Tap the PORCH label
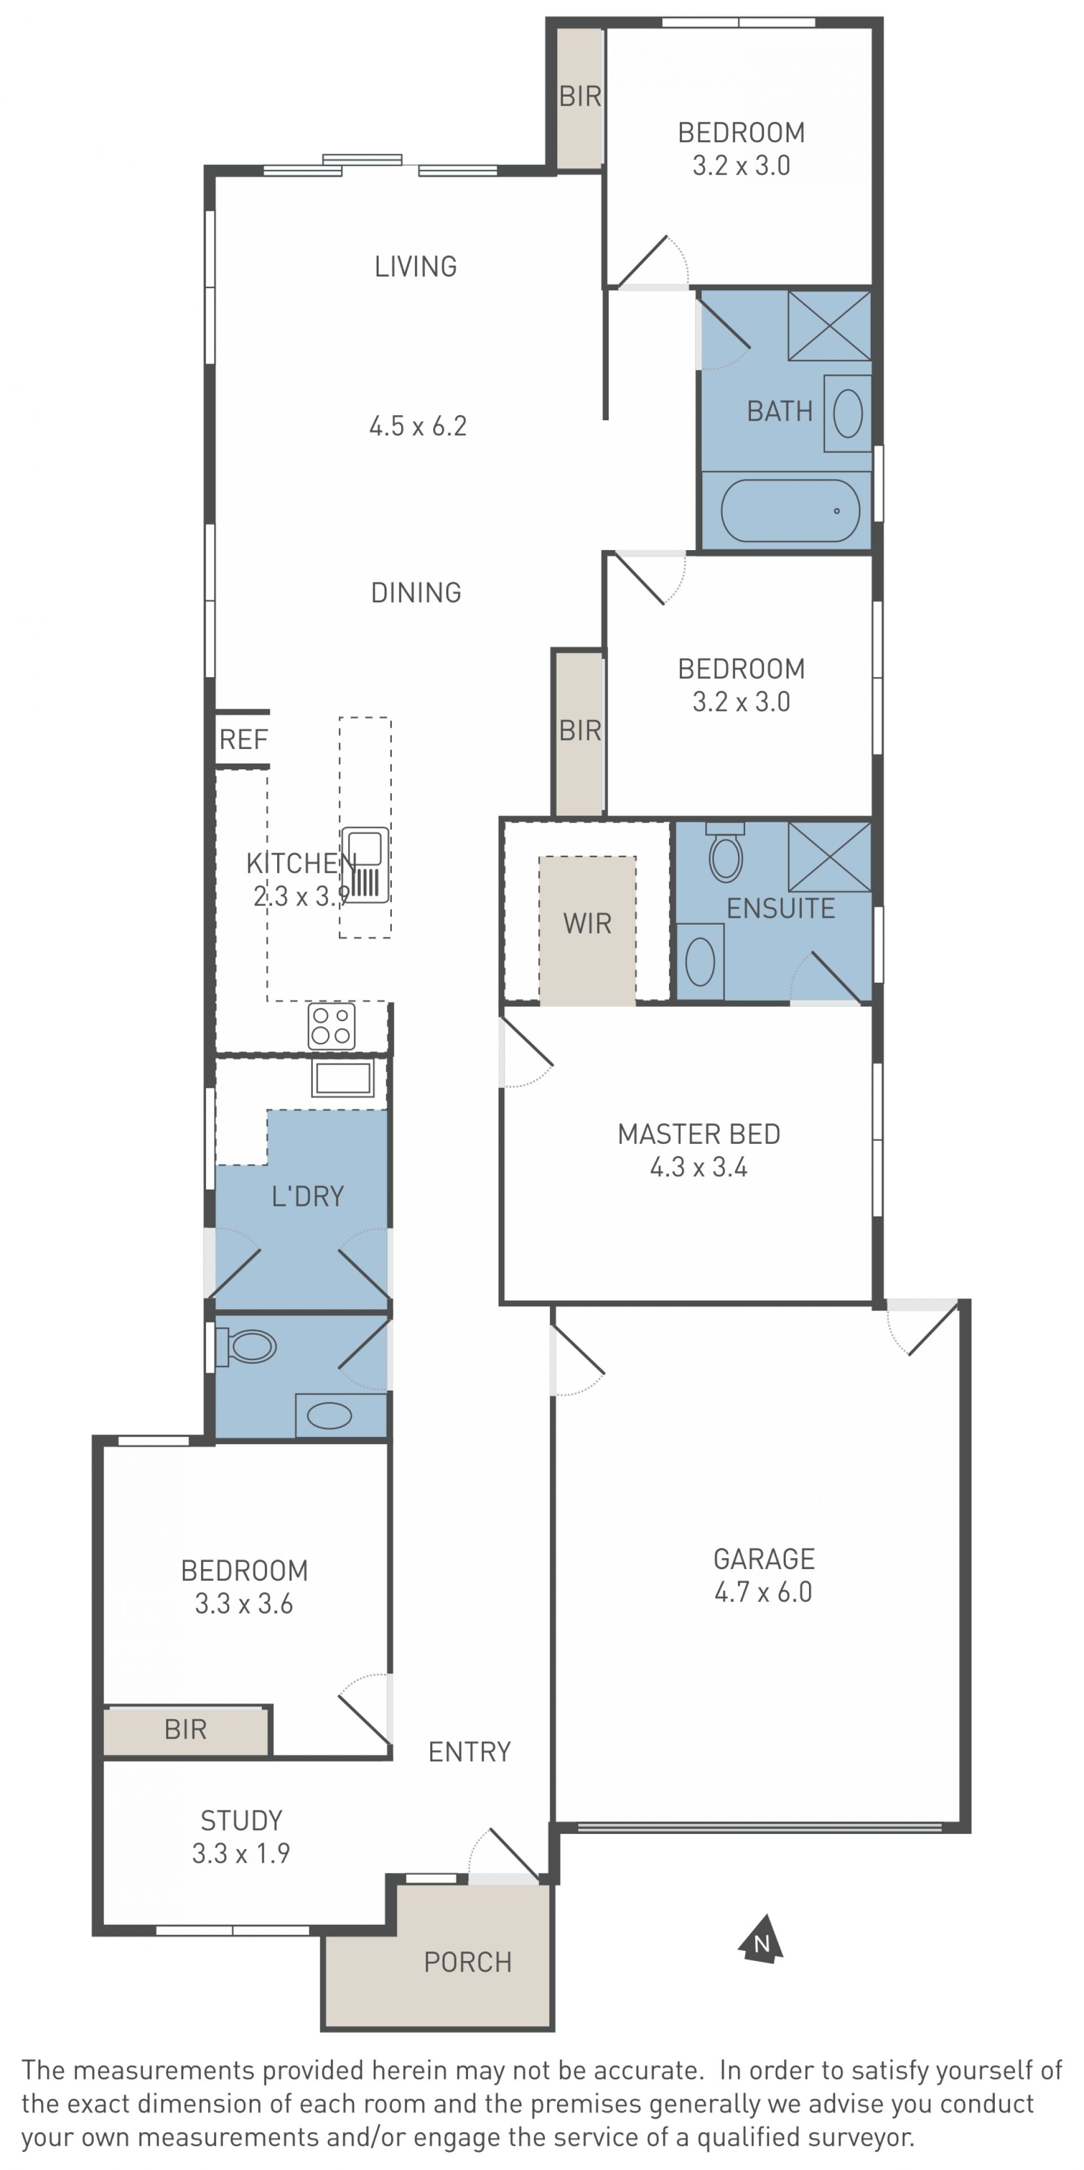[x=467, y=1962]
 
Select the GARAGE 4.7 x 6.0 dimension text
[x=763, y=1591]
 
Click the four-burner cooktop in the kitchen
[x=331, y=1025]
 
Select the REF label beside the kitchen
[x=243, y=740]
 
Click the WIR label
[x=587, y=923]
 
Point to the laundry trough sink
[x=343, y=1078]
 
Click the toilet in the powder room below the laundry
[x=246, y=1346]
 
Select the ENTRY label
[x=469, y=1752]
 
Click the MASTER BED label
[x=699, y=1134]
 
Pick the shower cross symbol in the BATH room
[x=829, y=325]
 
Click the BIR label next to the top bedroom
[x=580, y=97]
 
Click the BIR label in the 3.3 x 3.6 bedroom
[x=185, y=1729]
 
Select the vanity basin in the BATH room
[x=847, y=413]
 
